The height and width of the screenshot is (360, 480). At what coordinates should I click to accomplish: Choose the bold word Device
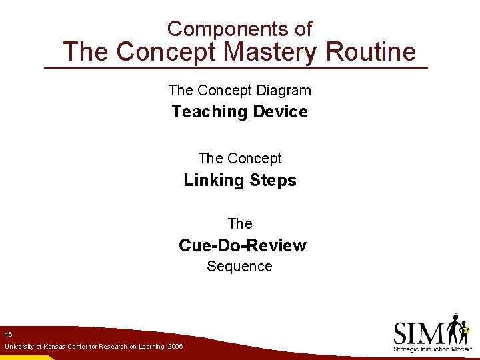coord(280,111)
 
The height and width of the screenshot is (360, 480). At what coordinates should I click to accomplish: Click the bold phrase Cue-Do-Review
coord(242,245)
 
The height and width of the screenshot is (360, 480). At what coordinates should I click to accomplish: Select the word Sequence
coord(239,267)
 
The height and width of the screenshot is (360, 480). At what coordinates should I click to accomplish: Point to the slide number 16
coord(8,333)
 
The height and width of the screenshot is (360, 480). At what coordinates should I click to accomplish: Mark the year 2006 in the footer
coord(175,347)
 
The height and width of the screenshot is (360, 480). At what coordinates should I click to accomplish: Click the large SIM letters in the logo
coord(419,333)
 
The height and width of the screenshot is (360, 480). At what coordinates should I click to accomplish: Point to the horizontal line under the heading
coord(235,69)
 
